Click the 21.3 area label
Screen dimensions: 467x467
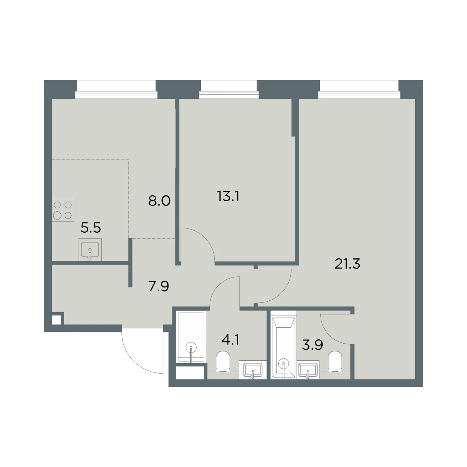click(347, 264)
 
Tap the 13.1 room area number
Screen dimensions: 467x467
click(228, 196)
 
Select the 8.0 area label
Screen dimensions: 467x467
click(160, 201)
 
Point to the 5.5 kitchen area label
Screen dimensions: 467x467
click(91, 228)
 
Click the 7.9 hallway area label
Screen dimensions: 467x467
click(158, 286)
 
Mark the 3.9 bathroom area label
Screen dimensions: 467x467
click(313, 345)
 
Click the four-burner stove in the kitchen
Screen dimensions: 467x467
click(63, 210)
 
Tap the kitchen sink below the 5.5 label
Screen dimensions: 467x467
click(90, 249)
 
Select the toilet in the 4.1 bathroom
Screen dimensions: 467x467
click(223, 361)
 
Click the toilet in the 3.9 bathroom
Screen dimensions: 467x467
click(335, 361)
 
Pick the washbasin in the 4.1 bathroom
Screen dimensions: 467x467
click(253, 370)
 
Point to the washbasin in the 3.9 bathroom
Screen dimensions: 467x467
click(308, 370)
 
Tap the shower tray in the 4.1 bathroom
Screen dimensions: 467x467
click(191, 337)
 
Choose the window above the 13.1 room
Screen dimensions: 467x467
click(229, 90)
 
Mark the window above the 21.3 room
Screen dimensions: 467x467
click(359, 90)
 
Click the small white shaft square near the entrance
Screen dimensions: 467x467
click(56, 320)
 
